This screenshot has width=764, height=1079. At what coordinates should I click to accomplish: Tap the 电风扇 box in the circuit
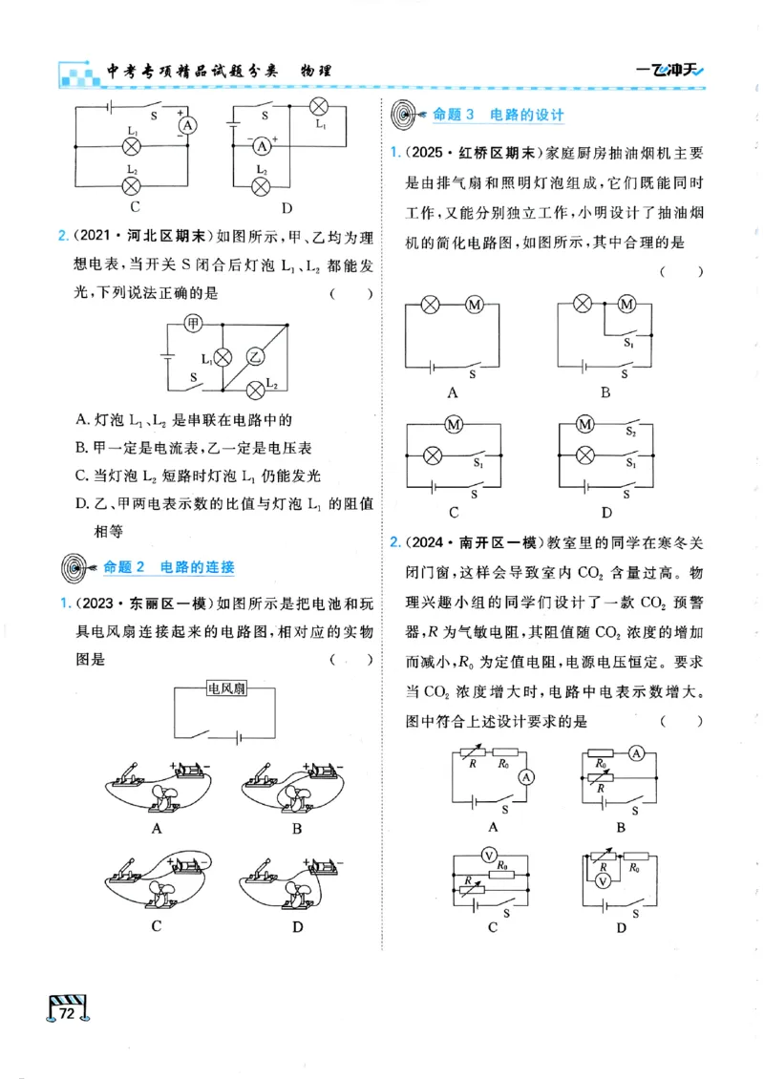coord(226,691)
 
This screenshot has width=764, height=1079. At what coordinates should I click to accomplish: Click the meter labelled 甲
coord(194,324)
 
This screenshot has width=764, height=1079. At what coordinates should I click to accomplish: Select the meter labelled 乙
coord(255,357)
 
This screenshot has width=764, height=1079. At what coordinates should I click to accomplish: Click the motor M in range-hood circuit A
coord(475,305)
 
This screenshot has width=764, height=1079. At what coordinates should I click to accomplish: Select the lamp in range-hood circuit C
coord(432,455)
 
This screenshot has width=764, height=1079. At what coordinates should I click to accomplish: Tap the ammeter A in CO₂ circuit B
coord(636,754)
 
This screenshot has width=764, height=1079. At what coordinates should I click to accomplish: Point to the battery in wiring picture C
coord(189,864)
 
